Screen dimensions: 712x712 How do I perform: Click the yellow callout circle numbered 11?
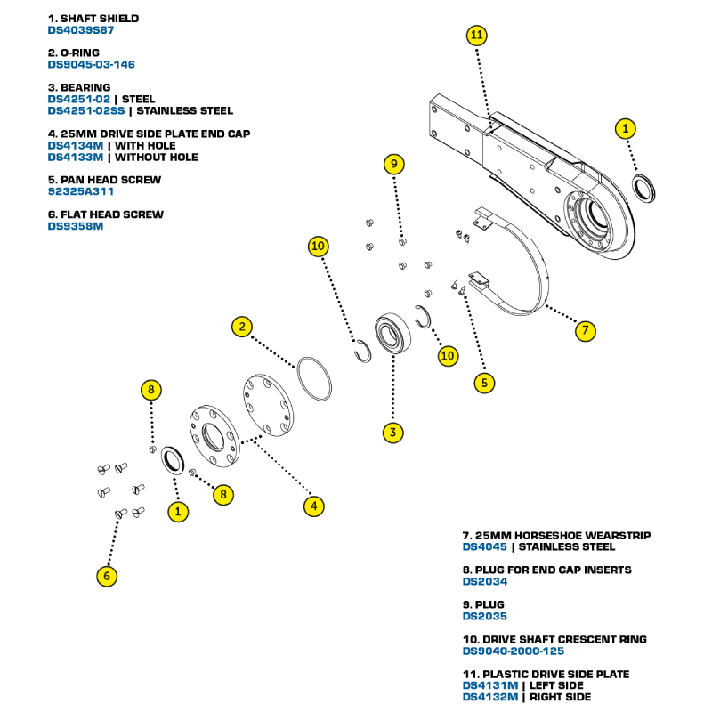coord(476,35)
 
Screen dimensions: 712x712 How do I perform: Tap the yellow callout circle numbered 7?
coord(584,331)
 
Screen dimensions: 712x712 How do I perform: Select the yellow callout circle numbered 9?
coord(394,164)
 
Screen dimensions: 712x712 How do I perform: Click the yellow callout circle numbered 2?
coord(241,327)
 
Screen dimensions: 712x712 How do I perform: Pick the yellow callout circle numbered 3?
coord(391,433)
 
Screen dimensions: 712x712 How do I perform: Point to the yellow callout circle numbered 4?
coord(312,506)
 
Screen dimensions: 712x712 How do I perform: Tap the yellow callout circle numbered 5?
coord(484,384)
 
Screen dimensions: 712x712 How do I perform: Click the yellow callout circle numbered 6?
coord(107,576)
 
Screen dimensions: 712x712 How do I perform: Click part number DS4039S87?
coord(81,29)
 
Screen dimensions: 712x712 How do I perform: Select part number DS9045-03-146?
coord(92,64)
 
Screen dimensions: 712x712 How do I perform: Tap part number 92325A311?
coord(81,191)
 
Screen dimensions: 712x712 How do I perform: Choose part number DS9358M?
coord(76,226)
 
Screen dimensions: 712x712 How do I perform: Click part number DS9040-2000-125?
coord(514,651)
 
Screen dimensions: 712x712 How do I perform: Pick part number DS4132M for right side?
coord(490,697)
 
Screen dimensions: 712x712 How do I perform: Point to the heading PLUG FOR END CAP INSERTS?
coord(546,570)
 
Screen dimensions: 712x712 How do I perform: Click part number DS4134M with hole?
coord(76,145)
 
